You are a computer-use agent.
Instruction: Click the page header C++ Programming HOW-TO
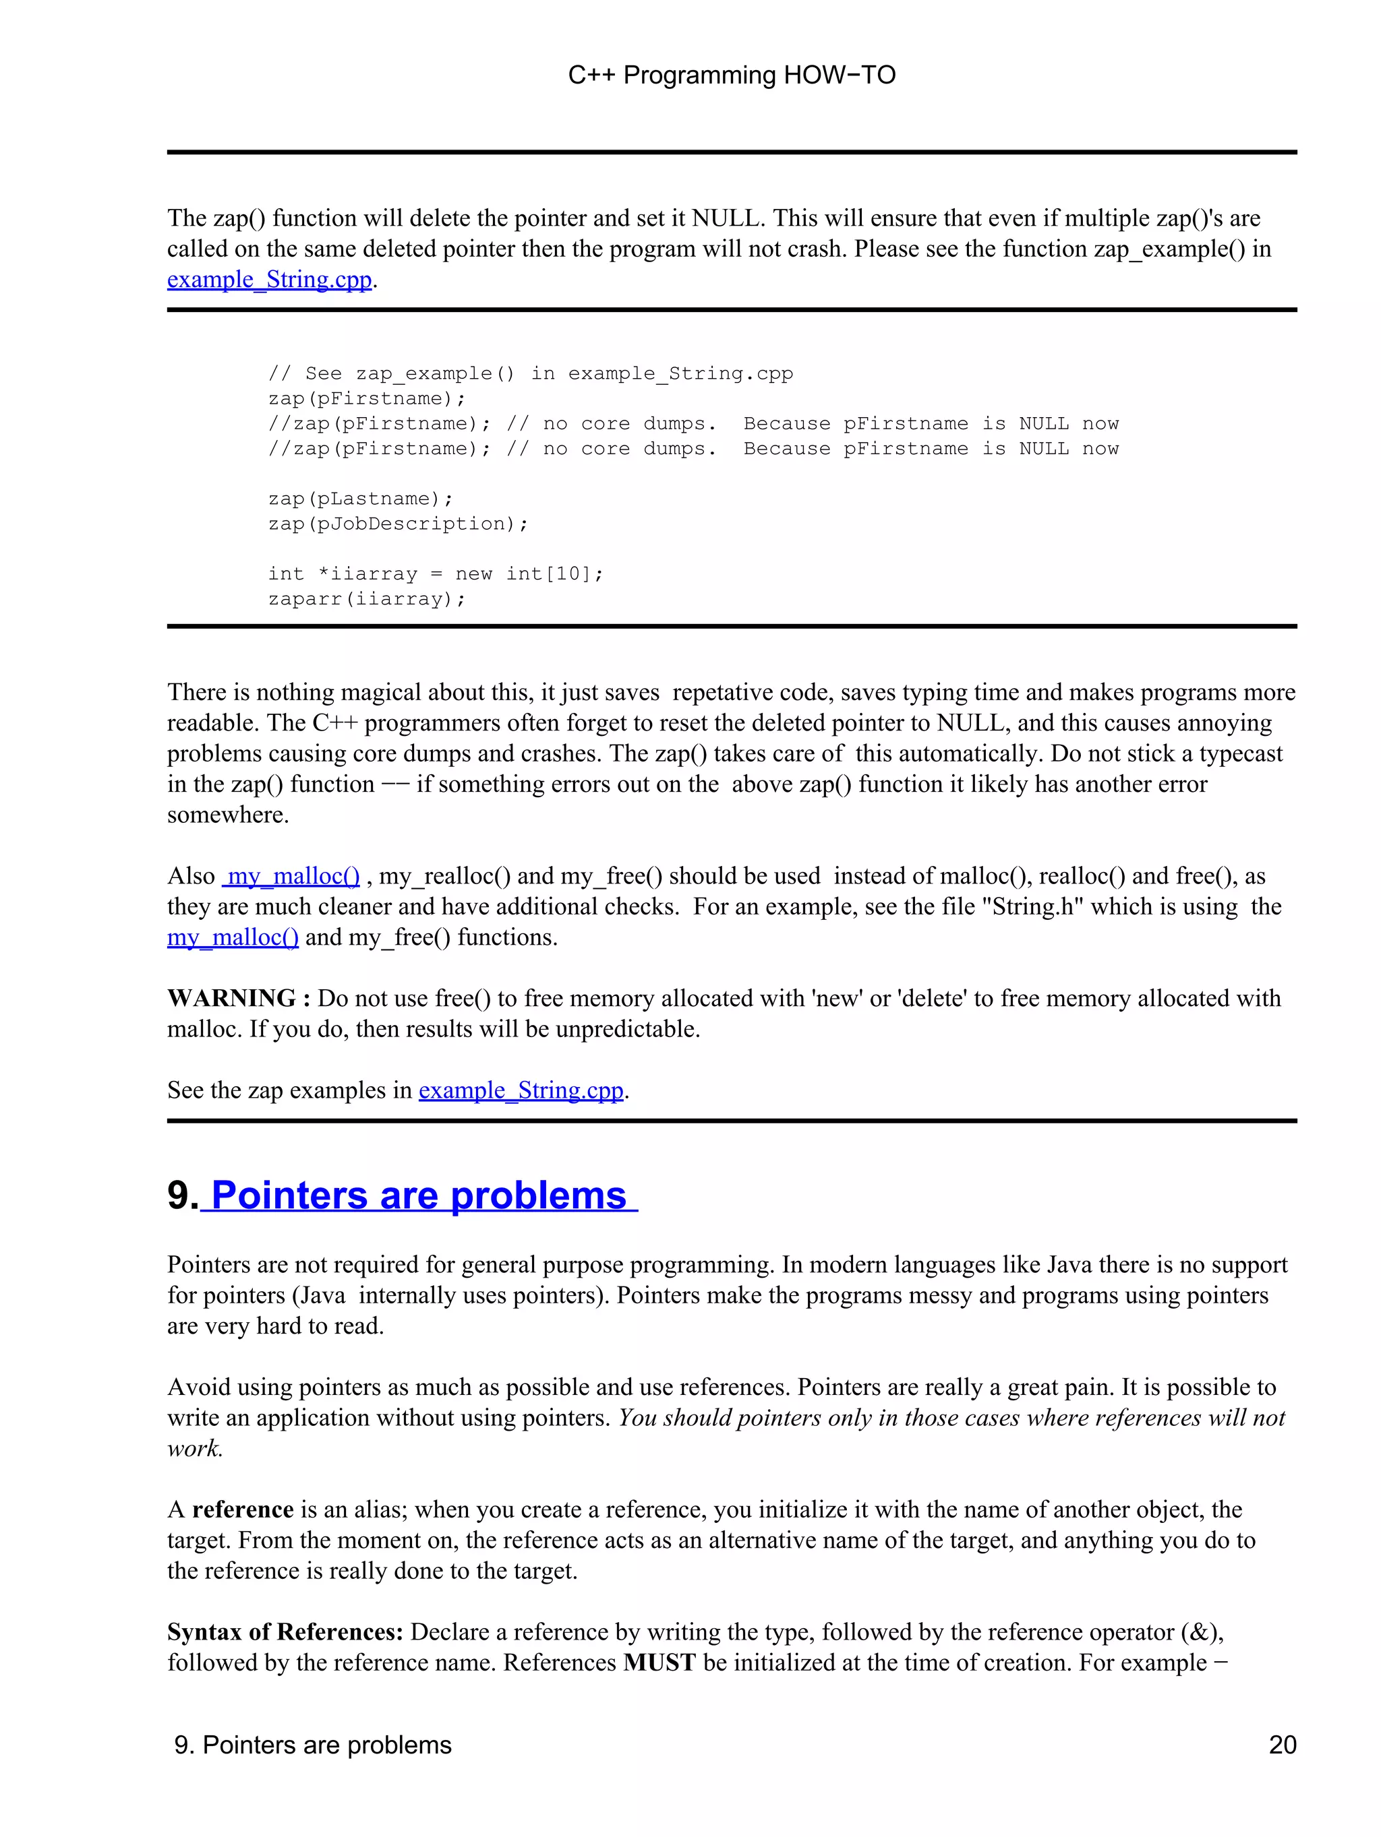pyautogui.click(x=731, y=75)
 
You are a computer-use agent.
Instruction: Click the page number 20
pyautogui.click(x=1282, y=1745)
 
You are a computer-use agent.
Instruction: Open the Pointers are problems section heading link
pyautogui.click(x=419, y=1196)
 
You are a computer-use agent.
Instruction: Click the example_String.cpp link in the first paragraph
pyautogui.click(x=269, y=280)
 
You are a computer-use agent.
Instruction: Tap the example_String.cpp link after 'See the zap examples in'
pyautogui.click(x=521, y=1090)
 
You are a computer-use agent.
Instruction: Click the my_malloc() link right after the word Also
pyautogui.click(x=293, y=876)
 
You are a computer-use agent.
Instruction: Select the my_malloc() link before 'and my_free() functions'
pyautogui.click(x=233, y=937)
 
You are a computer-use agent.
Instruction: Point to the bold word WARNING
pyautogui.click(x=231, y=998)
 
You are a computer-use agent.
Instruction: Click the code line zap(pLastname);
pyautogui.click(x=361, y=498)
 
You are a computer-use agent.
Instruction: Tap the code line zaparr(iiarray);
pyautogui.click(x=366, y=599)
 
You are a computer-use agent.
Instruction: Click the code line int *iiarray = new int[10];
pyautogui.click(x=436, y=574)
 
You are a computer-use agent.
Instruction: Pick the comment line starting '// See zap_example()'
pyautogui.click(x=530, y=374)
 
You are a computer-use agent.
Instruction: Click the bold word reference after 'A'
pyautogui.click(x=243, y=1509)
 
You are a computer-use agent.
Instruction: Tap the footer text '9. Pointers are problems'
pyautogui.click(x=312, y=1745)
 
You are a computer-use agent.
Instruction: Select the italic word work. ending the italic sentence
pyautogui.click(x=194, y=1449)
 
